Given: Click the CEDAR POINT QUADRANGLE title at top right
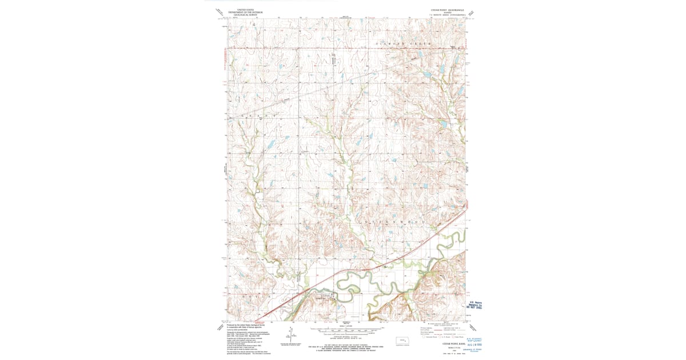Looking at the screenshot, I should (448, 10).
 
